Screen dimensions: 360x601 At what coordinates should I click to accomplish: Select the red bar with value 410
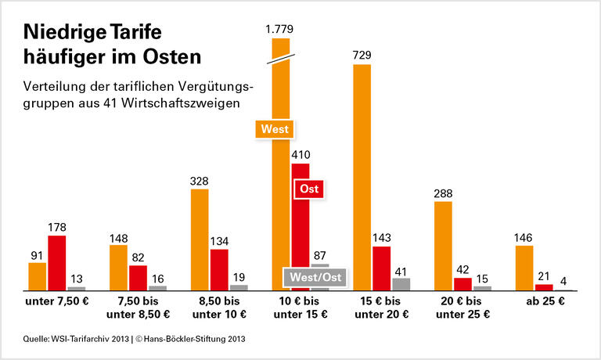click(300, 227)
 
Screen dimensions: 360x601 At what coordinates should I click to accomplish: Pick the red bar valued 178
click(56, 262)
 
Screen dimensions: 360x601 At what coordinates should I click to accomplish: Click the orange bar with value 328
click(200, 239)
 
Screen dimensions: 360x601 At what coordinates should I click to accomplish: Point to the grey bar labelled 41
click(401, 284)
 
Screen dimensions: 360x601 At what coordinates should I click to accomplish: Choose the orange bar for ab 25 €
click(524, 268)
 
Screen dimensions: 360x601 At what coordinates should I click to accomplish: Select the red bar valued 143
click(381, 268)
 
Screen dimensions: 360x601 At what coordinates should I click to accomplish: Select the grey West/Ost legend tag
click(315, 277)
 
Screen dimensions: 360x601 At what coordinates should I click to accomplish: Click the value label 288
click(443, 192)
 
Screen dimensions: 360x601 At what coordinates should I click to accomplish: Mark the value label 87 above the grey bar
click(320, 255)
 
